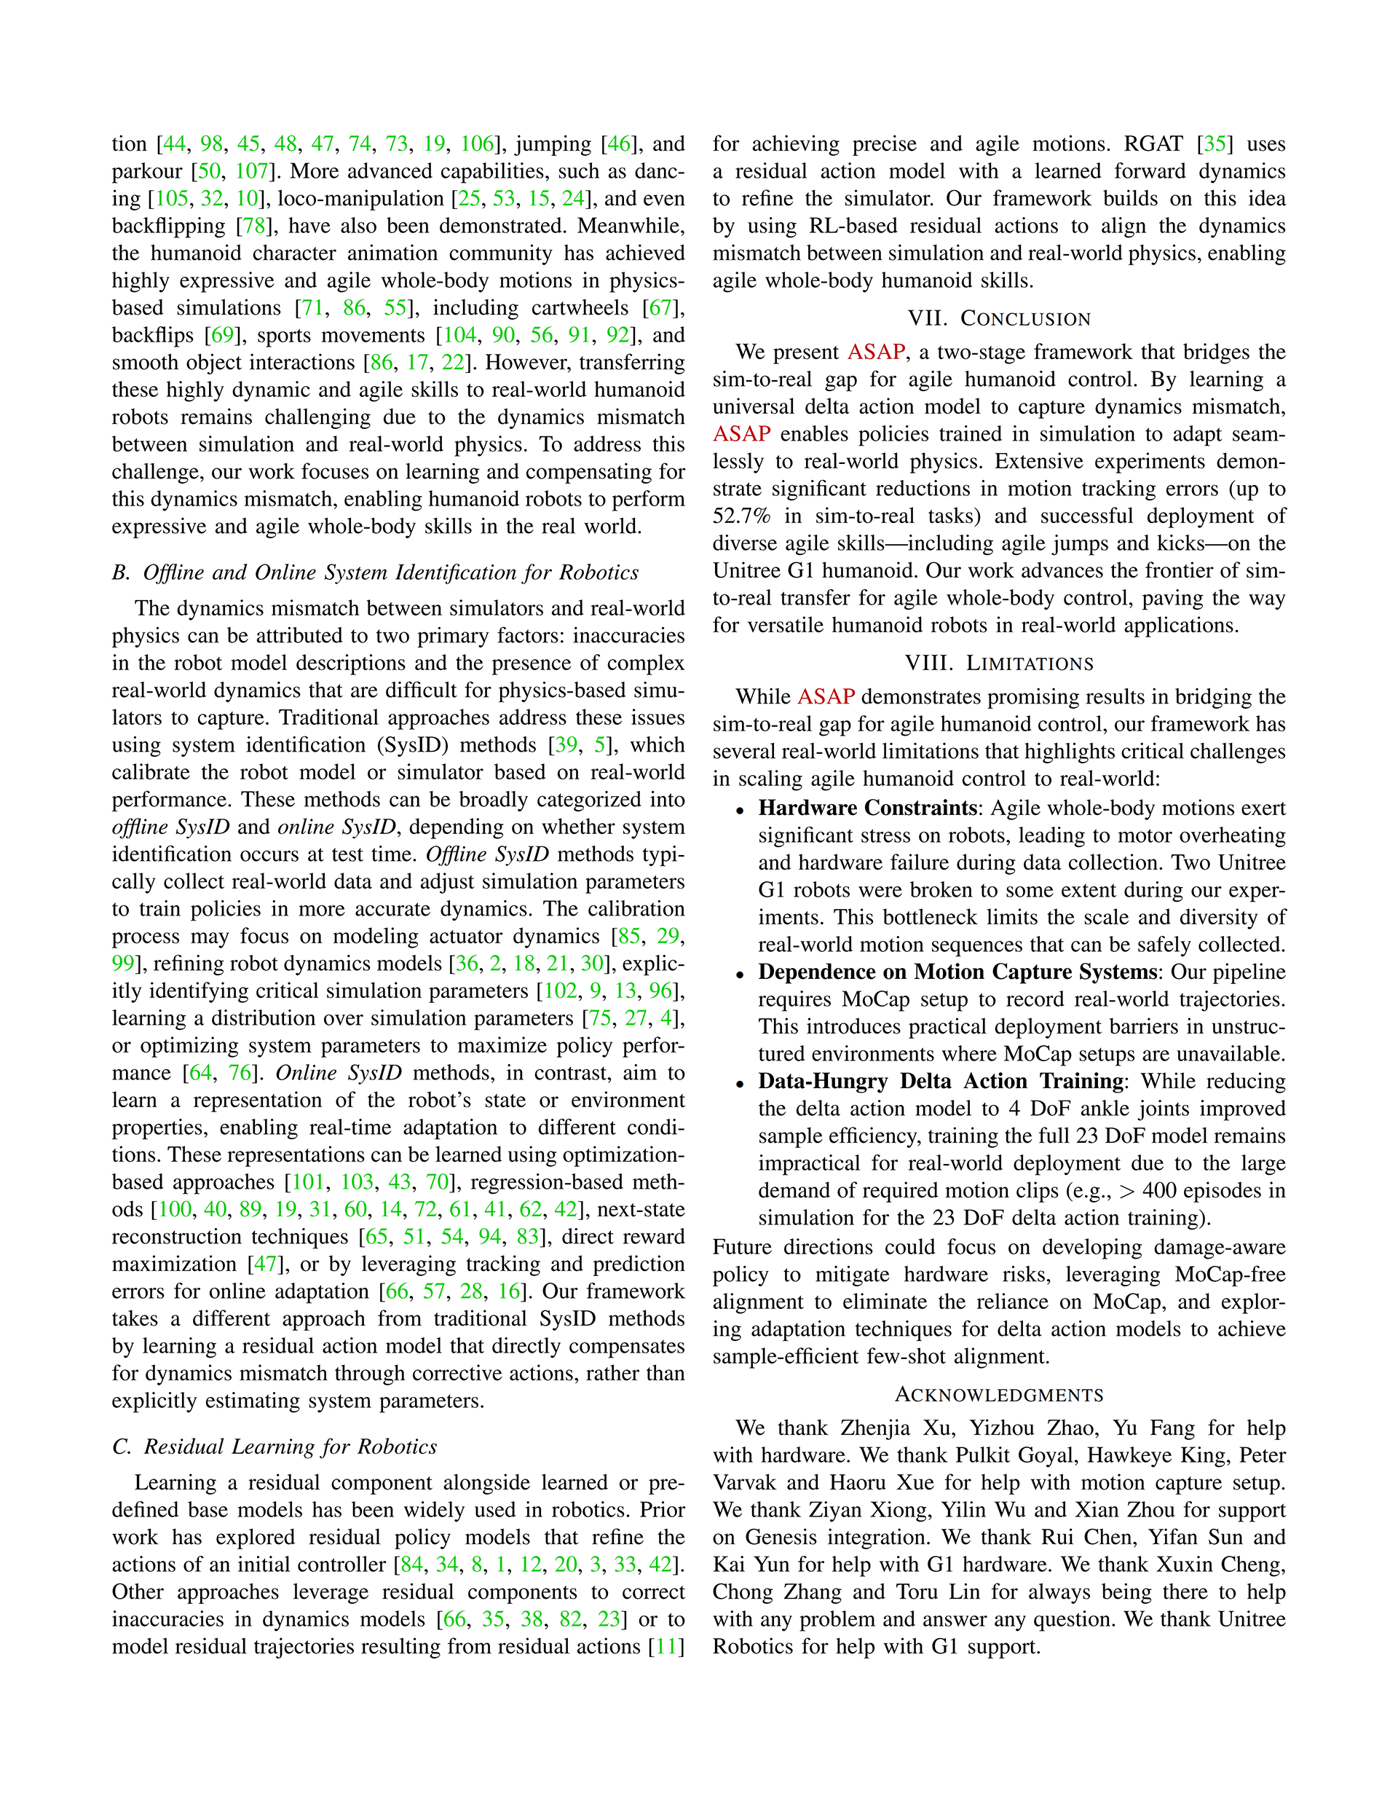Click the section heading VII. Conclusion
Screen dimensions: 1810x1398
pyautogui.click(x=998, y=318)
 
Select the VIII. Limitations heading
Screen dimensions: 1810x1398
pyautogui.click(x=998, y=663)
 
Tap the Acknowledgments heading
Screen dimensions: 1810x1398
pyautogui.click(x=998, y=1395)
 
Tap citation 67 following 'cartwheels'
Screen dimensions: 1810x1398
pyautogui.click(x=660, y=308)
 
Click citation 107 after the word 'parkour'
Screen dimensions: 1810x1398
pyautogui.click(x=253, y=172)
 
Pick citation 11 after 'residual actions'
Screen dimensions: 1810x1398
pyautogui.click(x=666, y=1647)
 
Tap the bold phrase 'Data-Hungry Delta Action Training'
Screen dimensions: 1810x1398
pyautogui.click(x=941, y=1082)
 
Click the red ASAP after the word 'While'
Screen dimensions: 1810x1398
pyautogui.click(x=826, y=697)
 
